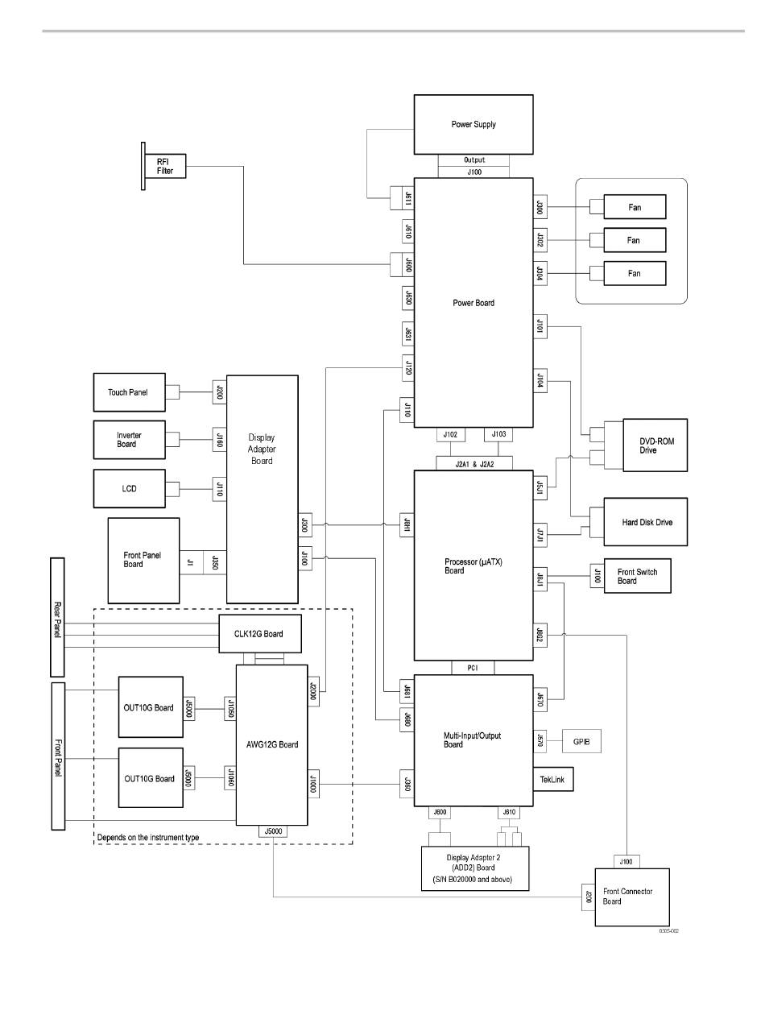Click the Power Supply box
point(473,124)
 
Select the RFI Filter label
point(165,166)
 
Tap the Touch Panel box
point(129,393)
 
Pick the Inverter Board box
point(129,440)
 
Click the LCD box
point(129,487)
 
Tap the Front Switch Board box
point(637,576)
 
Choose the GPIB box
point(578,740)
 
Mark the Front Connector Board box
point(631,897)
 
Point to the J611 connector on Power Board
point(407,197)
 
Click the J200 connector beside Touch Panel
point(219,393)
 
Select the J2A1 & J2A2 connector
point(473,463)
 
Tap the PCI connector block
point(473,667)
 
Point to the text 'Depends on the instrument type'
point(148,837)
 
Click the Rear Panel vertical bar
point(56,616)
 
